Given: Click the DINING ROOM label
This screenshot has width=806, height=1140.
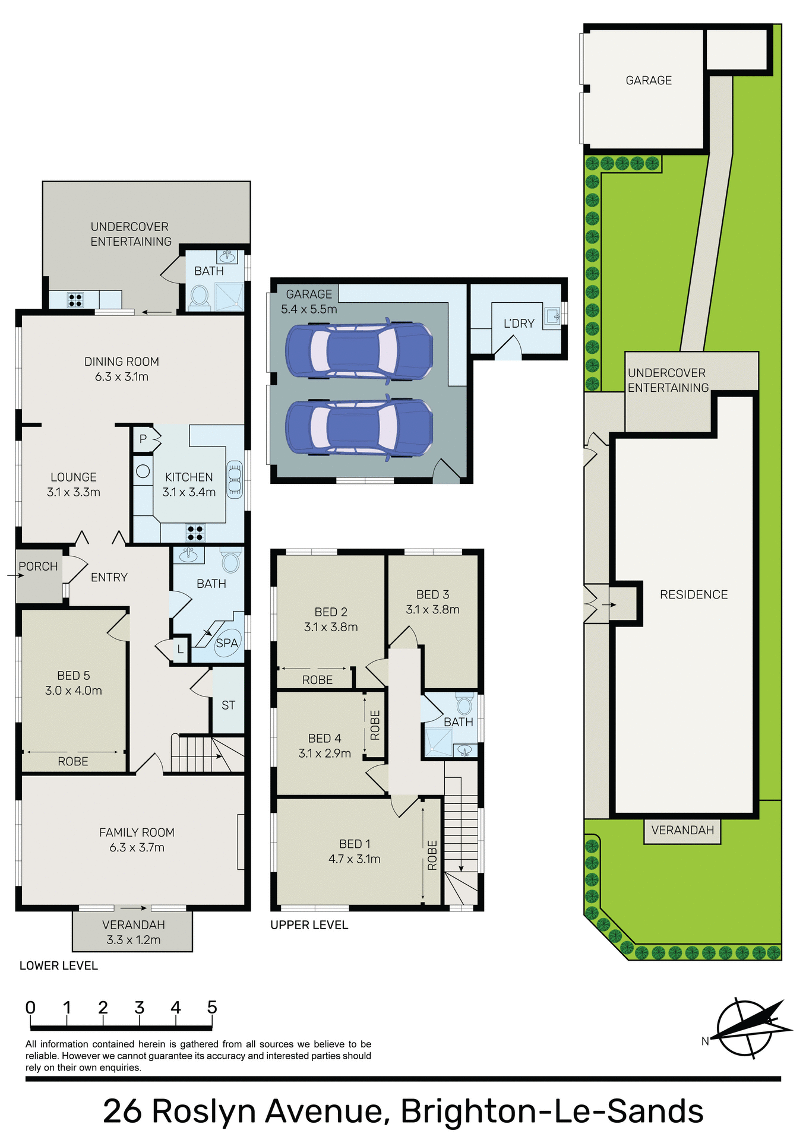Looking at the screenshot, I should tap(121, 362).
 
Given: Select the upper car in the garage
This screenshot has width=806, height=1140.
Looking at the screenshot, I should tap(359, 350).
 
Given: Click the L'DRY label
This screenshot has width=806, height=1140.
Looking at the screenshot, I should tap(519, 324).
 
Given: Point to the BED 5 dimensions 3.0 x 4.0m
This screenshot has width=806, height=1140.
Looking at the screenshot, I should tap(74, 691).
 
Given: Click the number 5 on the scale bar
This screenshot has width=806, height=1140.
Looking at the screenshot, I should tap(212, 1008).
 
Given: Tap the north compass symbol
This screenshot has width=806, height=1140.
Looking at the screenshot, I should tap(750, 1027).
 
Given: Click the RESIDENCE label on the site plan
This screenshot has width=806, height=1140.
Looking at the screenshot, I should tap(693, 594).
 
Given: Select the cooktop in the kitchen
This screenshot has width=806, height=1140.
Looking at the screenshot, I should tap(195, 533).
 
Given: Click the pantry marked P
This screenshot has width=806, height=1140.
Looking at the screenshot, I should tap(143, 439).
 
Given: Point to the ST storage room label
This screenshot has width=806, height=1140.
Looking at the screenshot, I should tap(228, 705).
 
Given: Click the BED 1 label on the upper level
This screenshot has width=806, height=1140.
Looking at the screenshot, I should tap(355, 844).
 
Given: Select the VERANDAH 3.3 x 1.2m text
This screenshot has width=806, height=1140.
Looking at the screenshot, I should tap(133, 932).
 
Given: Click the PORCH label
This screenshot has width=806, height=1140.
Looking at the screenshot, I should tap(38, 566).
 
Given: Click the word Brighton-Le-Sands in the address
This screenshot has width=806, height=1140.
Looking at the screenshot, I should tap(552, 1111).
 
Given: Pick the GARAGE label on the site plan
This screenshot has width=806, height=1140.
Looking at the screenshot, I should tap(649, 80).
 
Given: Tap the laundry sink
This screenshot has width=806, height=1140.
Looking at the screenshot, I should tap(552, 314).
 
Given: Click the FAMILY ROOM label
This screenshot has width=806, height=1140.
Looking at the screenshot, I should tap(137, 832).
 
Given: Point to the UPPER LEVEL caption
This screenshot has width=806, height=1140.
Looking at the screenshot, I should tap(309, 924).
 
